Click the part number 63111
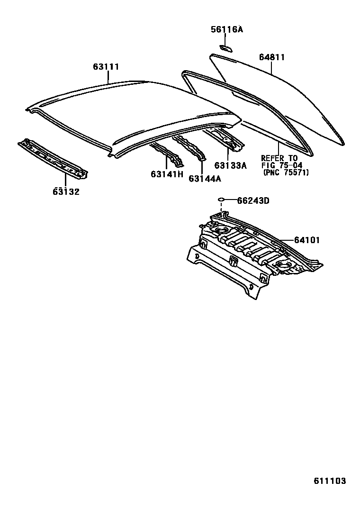tap(106, 67)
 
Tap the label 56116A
tap(226, 29)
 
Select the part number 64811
tap(272, 57)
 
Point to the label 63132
tap(66, 191)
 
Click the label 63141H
tap(167, 174)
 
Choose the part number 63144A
tap(205, 178)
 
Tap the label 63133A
tap(231, 165)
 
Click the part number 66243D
tap(253, 200)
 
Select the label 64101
tap(306, 240)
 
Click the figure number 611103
tap(329, 481)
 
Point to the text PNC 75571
tap(286, 173)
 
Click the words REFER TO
tap(279, 158)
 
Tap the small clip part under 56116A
tap(225, 47)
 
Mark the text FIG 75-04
tap(282, 165)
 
